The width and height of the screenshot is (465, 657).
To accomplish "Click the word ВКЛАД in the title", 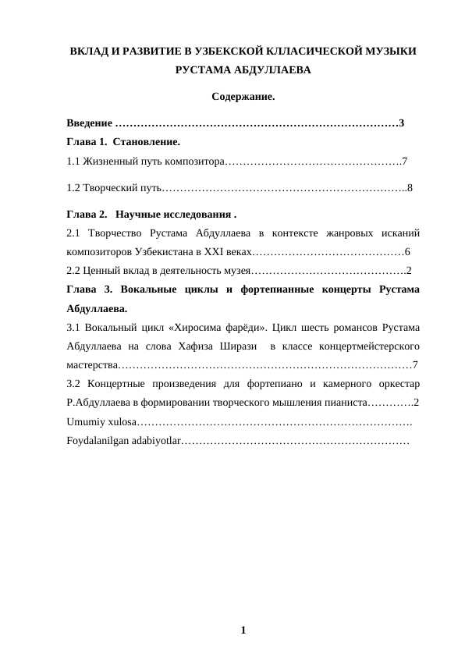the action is tap(87, 51).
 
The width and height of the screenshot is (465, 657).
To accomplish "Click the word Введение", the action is tap(89, 123).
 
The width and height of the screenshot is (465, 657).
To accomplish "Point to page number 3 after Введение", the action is tap(401, 123).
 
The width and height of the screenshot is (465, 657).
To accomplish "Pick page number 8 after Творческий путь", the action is tap(410, 187).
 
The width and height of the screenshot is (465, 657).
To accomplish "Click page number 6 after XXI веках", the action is tap(407, 253).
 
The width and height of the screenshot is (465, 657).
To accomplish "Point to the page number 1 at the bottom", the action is tap(243, 630).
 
